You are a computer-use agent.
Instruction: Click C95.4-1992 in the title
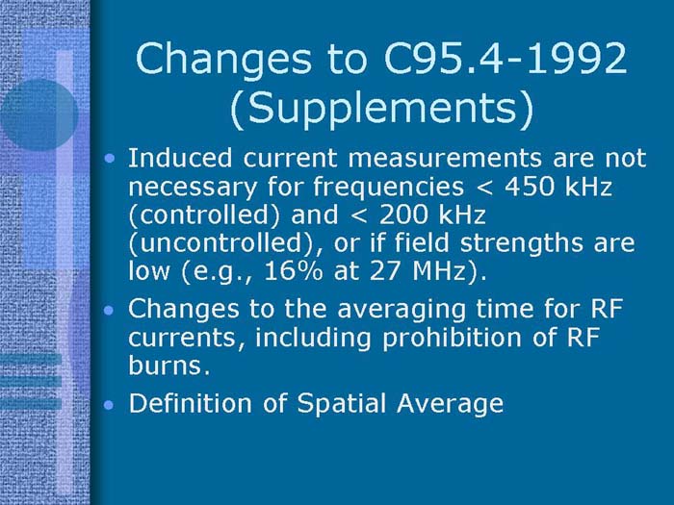tap(500, 59)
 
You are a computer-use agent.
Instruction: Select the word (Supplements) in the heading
tap(382, 111)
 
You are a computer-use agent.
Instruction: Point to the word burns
tap(160, 366)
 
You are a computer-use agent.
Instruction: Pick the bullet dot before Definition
tap(113, 404)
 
